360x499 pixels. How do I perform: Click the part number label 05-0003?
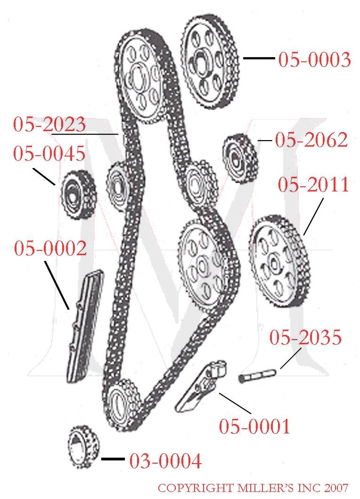point(314,60)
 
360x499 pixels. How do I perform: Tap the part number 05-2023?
point(49,125)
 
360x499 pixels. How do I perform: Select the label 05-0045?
point(49,153)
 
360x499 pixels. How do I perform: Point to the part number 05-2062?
point(311,140)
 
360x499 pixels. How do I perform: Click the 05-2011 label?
point(313,185)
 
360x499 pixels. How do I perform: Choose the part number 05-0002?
point(50,248)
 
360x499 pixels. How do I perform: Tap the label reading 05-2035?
point(305,338)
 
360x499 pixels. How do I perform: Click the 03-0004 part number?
point(165,460)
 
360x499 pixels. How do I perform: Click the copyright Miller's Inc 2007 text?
point(253,488)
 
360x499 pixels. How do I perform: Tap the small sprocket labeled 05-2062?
point(239,158)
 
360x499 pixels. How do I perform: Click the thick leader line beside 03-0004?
point(113,459)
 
